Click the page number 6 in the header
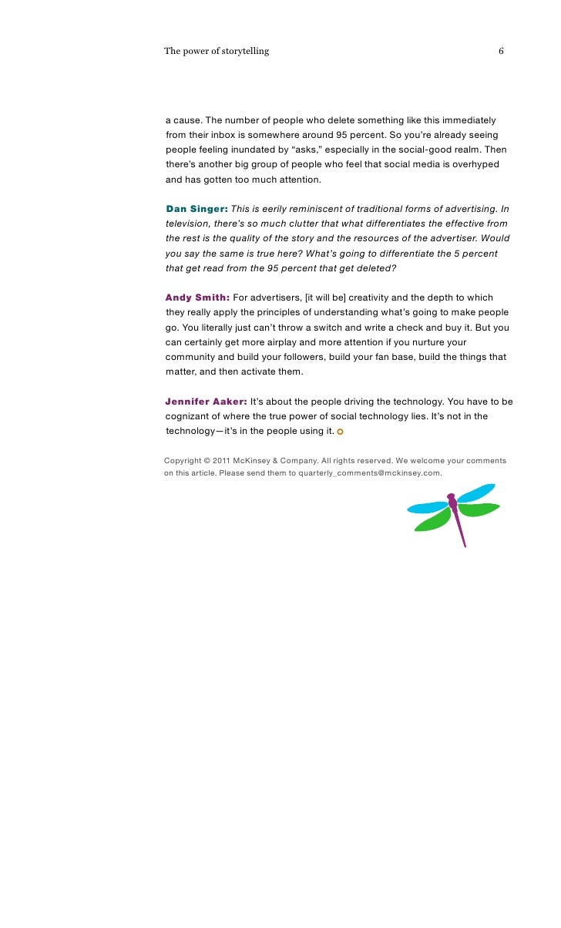point(501,52)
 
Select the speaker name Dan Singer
point(197,209)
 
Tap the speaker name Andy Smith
point(197,298)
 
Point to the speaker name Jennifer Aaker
point(206,402)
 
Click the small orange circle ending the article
point(340,432)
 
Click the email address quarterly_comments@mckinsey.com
point(369,473)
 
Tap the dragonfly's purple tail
point(461,529)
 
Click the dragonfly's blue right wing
point(476,493)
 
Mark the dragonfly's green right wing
point(479,509)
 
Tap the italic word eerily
point(278,209)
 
